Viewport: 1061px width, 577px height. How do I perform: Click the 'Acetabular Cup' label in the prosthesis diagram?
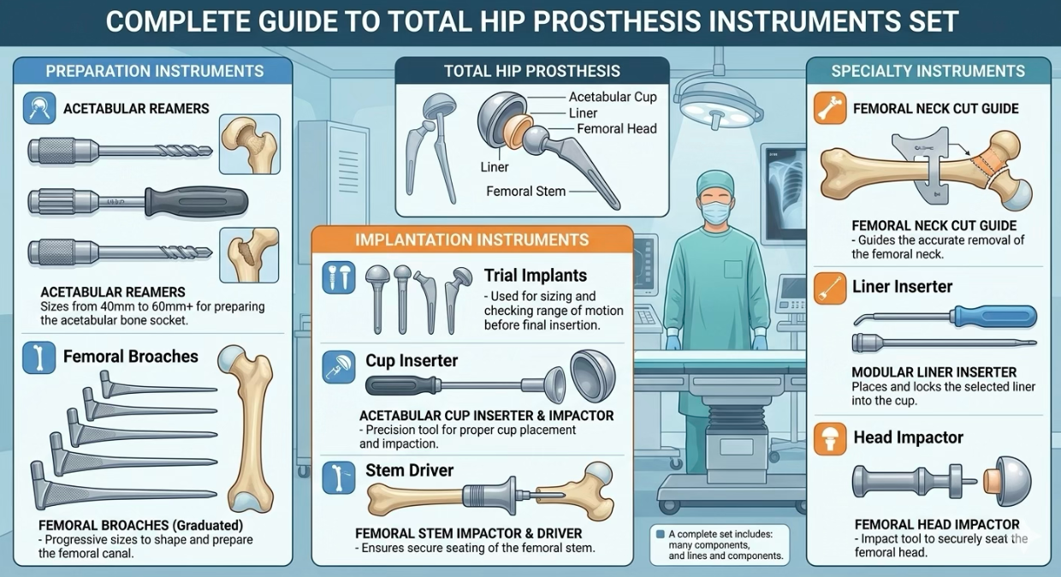click(613, 97)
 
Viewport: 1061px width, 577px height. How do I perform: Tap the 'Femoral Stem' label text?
click(525, 192)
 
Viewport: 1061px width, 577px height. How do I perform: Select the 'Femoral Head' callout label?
click(617, 129)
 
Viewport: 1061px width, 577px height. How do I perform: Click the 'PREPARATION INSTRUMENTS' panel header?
click(154, 71)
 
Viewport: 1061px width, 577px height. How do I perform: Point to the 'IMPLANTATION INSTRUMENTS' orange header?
click(471, 240)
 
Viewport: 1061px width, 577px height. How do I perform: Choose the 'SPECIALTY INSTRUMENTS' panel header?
click(928, 71)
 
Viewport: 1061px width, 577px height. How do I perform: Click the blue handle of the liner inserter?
click(994, 316)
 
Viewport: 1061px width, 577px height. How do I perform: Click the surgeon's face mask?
click(715, 212)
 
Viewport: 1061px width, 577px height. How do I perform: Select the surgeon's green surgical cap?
click(715, 181)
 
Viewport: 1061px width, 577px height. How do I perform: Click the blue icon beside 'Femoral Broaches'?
click(39, 358)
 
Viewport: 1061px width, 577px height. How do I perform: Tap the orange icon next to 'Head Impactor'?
click(830, 438)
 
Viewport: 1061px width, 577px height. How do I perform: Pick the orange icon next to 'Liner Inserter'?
click(830, 288)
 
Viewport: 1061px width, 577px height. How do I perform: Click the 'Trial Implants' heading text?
click(536, 276)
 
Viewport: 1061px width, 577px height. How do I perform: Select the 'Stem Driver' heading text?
click(409, 470)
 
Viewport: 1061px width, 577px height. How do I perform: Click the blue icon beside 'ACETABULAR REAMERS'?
click(39, 109)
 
